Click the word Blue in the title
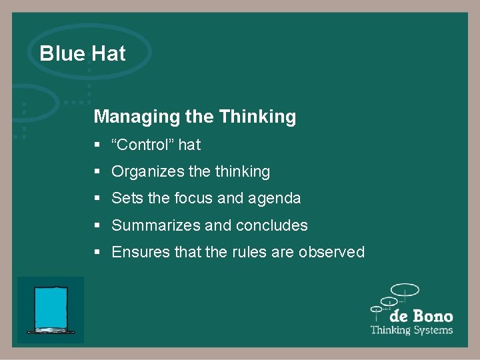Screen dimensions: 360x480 [x=61, y=53]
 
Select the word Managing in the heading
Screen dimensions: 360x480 [x=137, y=117]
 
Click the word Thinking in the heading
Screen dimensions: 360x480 [x=257, y=117]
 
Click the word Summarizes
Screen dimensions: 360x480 [x=156, y=225]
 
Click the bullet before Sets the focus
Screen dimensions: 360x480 [x=97, y=199]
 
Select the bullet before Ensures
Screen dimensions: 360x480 [x=97, y=253]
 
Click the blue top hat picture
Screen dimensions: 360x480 [x=51, y=309]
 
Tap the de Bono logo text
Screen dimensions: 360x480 [x=421, y=316]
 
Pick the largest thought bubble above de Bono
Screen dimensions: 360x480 [x=405, y=290]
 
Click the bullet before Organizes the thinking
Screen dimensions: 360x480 [x=97, y=172]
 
